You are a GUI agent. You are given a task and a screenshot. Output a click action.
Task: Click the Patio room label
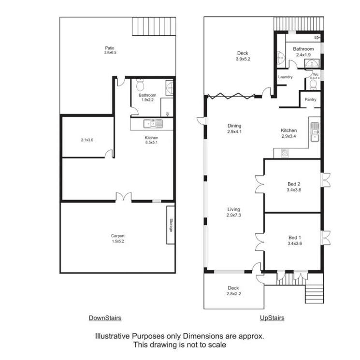click(x=110, y=48)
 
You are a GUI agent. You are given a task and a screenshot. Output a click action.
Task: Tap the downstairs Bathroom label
click(x=147, y=95)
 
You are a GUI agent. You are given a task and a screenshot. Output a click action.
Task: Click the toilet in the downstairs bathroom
click(x=140, y=86)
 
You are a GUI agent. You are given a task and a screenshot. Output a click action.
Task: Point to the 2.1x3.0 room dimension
click(x=86, y=141)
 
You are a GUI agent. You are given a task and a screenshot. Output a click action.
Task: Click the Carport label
click(x=118, y=236)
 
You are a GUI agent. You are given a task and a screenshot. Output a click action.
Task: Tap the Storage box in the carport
click(x=171, y=225)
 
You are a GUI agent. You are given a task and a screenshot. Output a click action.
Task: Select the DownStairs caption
click(x=105, y=318)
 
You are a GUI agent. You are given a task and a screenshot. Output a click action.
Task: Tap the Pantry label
click(x=310, y=100)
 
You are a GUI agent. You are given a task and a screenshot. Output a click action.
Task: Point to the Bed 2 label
click(x=294, y=184)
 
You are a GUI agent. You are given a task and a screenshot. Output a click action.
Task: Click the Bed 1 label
click(x=294, y=238)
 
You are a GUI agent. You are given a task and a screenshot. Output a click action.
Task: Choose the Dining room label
click(x=234, y=126)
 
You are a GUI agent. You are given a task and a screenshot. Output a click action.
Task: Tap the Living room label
click(x=234, y=209)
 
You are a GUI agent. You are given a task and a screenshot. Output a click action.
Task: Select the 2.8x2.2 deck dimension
click(x=233, y=294)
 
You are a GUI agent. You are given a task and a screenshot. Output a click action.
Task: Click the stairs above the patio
click(x=154, y=27)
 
